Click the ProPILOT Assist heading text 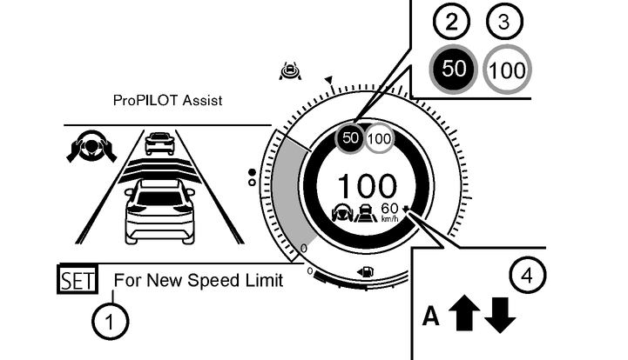168,101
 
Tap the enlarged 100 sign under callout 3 506,70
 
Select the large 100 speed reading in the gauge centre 367,185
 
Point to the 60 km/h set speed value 389,208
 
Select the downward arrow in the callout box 499,315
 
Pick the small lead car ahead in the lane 159,143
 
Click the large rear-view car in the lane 159,211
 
